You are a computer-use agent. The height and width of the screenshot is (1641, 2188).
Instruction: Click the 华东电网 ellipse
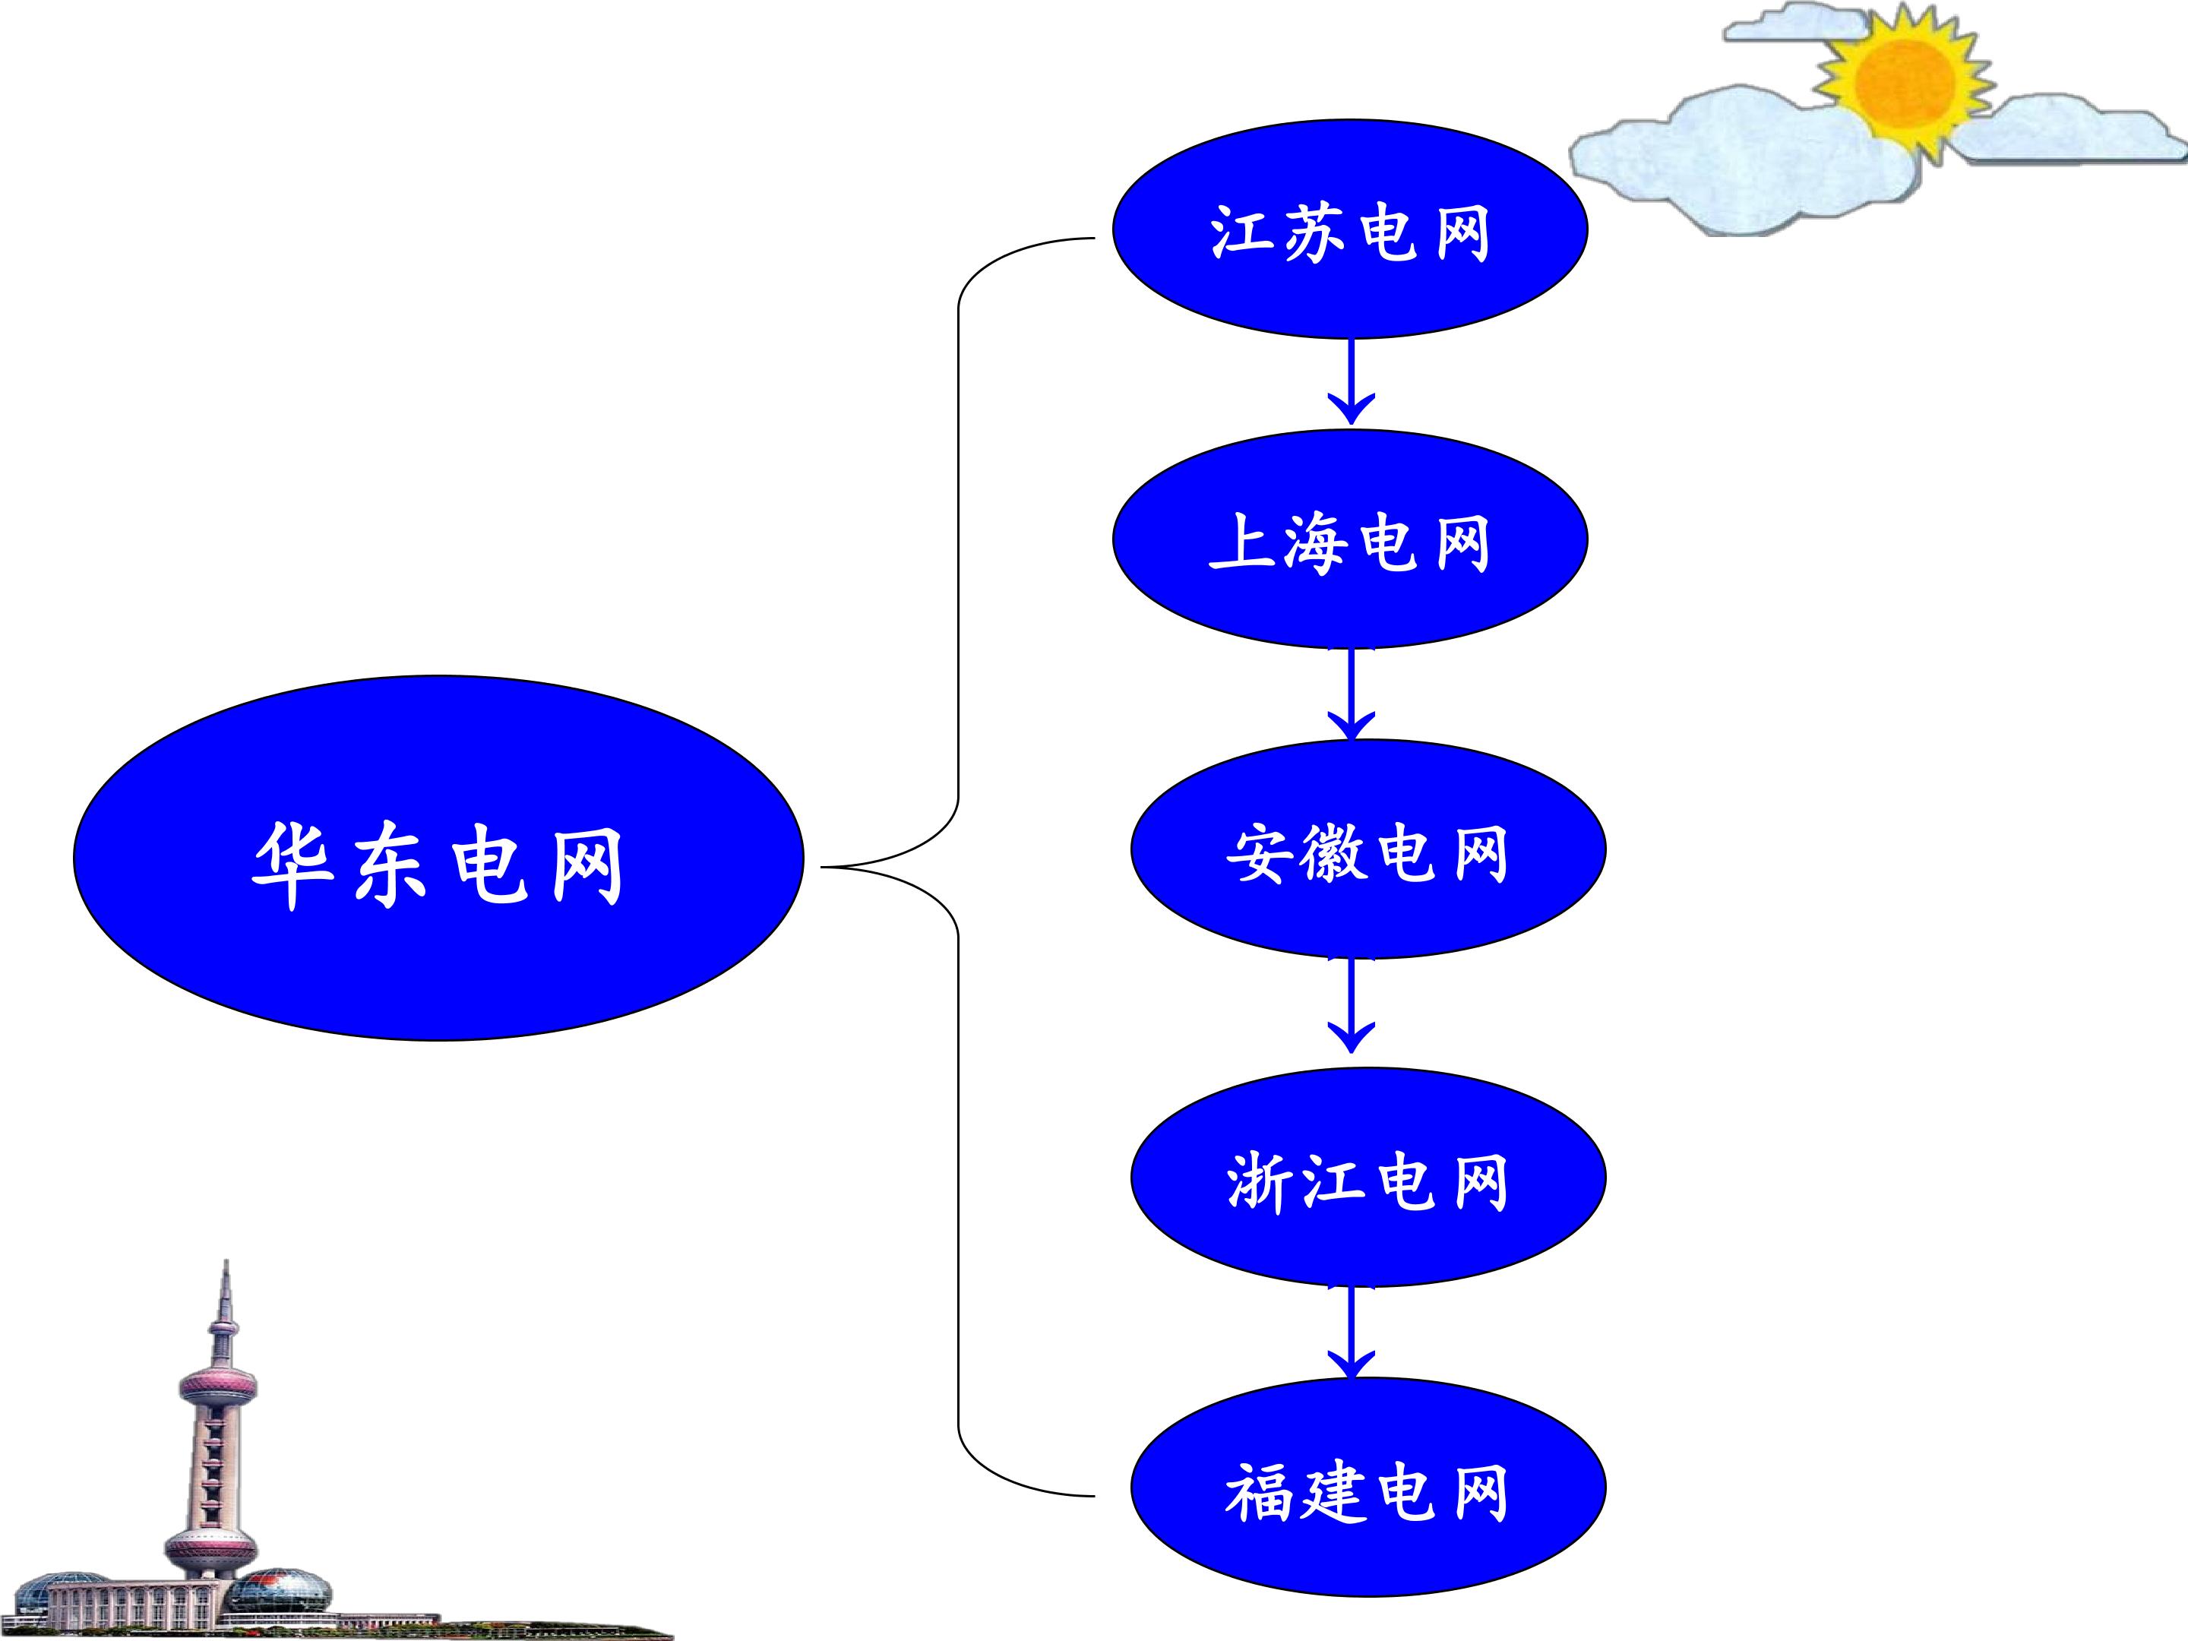coord(438,858)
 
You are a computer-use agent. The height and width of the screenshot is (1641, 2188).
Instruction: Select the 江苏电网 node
coord(1350,229)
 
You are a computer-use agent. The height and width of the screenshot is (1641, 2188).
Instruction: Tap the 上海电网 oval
coord(1350,539)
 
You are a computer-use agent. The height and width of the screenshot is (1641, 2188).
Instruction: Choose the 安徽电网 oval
coord(1368,849)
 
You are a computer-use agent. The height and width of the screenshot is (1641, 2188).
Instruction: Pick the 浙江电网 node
coord(1368,1177)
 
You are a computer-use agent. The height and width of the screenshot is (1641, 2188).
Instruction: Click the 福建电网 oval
coord(1368,1487)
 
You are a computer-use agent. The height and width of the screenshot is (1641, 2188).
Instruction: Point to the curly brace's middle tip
coord(823,868)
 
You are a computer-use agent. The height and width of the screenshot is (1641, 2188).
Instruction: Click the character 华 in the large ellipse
coord(292,865)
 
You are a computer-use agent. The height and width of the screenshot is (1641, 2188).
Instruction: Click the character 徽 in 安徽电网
coord(1333,852)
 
